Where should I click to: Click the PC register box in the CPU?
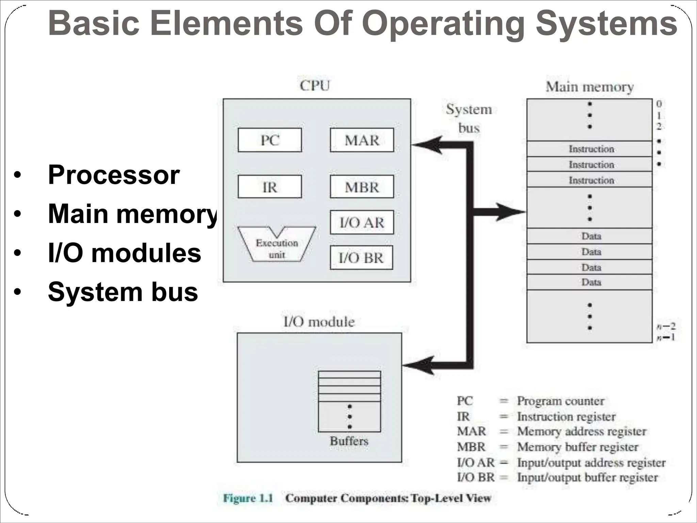click(x=270, y=140)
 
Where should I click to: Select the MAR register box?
click(x=362, y=140)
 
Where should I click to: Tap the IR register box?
click(x=270, y=187)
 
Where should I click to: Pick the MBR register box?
click(x=362, y=187)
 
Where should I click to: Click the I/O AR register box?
click(x=362, y=222)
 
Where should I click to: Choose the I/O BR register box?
click(x=361, y=257)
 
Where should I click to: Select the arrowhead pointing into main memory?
click(x=510, y=212)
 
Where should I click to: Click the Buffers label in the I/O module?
click(x=349, y=441)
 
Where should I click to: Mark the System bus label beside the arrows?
click(x=469, y=118)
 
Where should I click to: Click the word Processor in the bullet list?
click(x=114, y=175)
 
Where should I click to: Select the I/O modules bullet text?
click(x=124, y=253)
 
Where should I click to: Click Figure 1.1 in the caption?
click(x=248, y=498)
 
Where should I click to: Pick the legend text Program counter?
click(x=561, y=401)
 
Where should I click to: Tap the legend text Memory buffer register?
click(x=578, y=447)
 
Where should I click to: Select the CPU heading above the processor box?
click(x=315, y=85)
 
